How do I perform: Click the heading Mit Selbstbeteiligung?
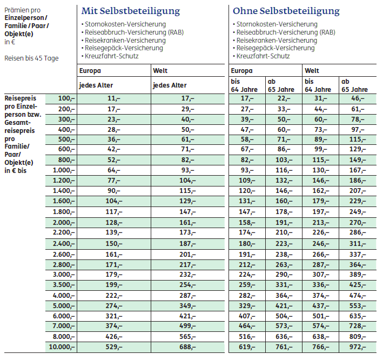[x=130, y=11]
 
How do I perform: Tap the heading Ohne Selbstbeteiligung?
[x=286, y=11]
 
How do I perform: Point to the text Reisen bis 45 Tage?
[x=31, y=58]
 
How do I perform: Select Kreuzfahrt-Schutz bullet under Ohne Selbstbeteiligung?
[x=263, y=56]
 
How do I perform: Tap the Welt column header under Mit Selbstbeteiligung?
[x=160, y=71]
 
